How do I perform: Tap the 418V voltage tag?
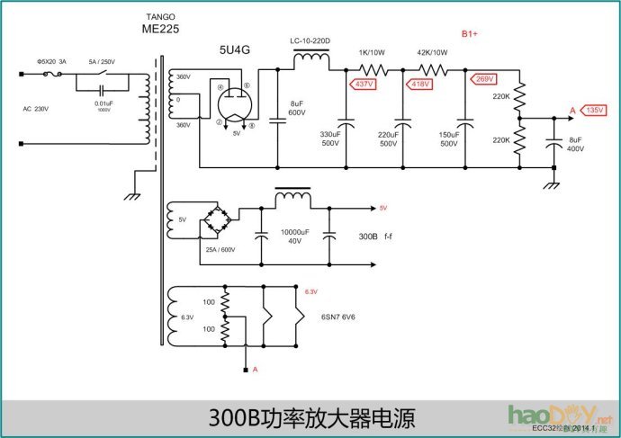click(419, 84)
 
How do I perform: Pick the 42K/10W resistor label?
click(431, 52)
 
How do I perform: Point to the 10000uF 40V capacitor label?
click(295, 236)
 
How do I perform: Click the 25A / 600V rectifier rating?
click(220, 249)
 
